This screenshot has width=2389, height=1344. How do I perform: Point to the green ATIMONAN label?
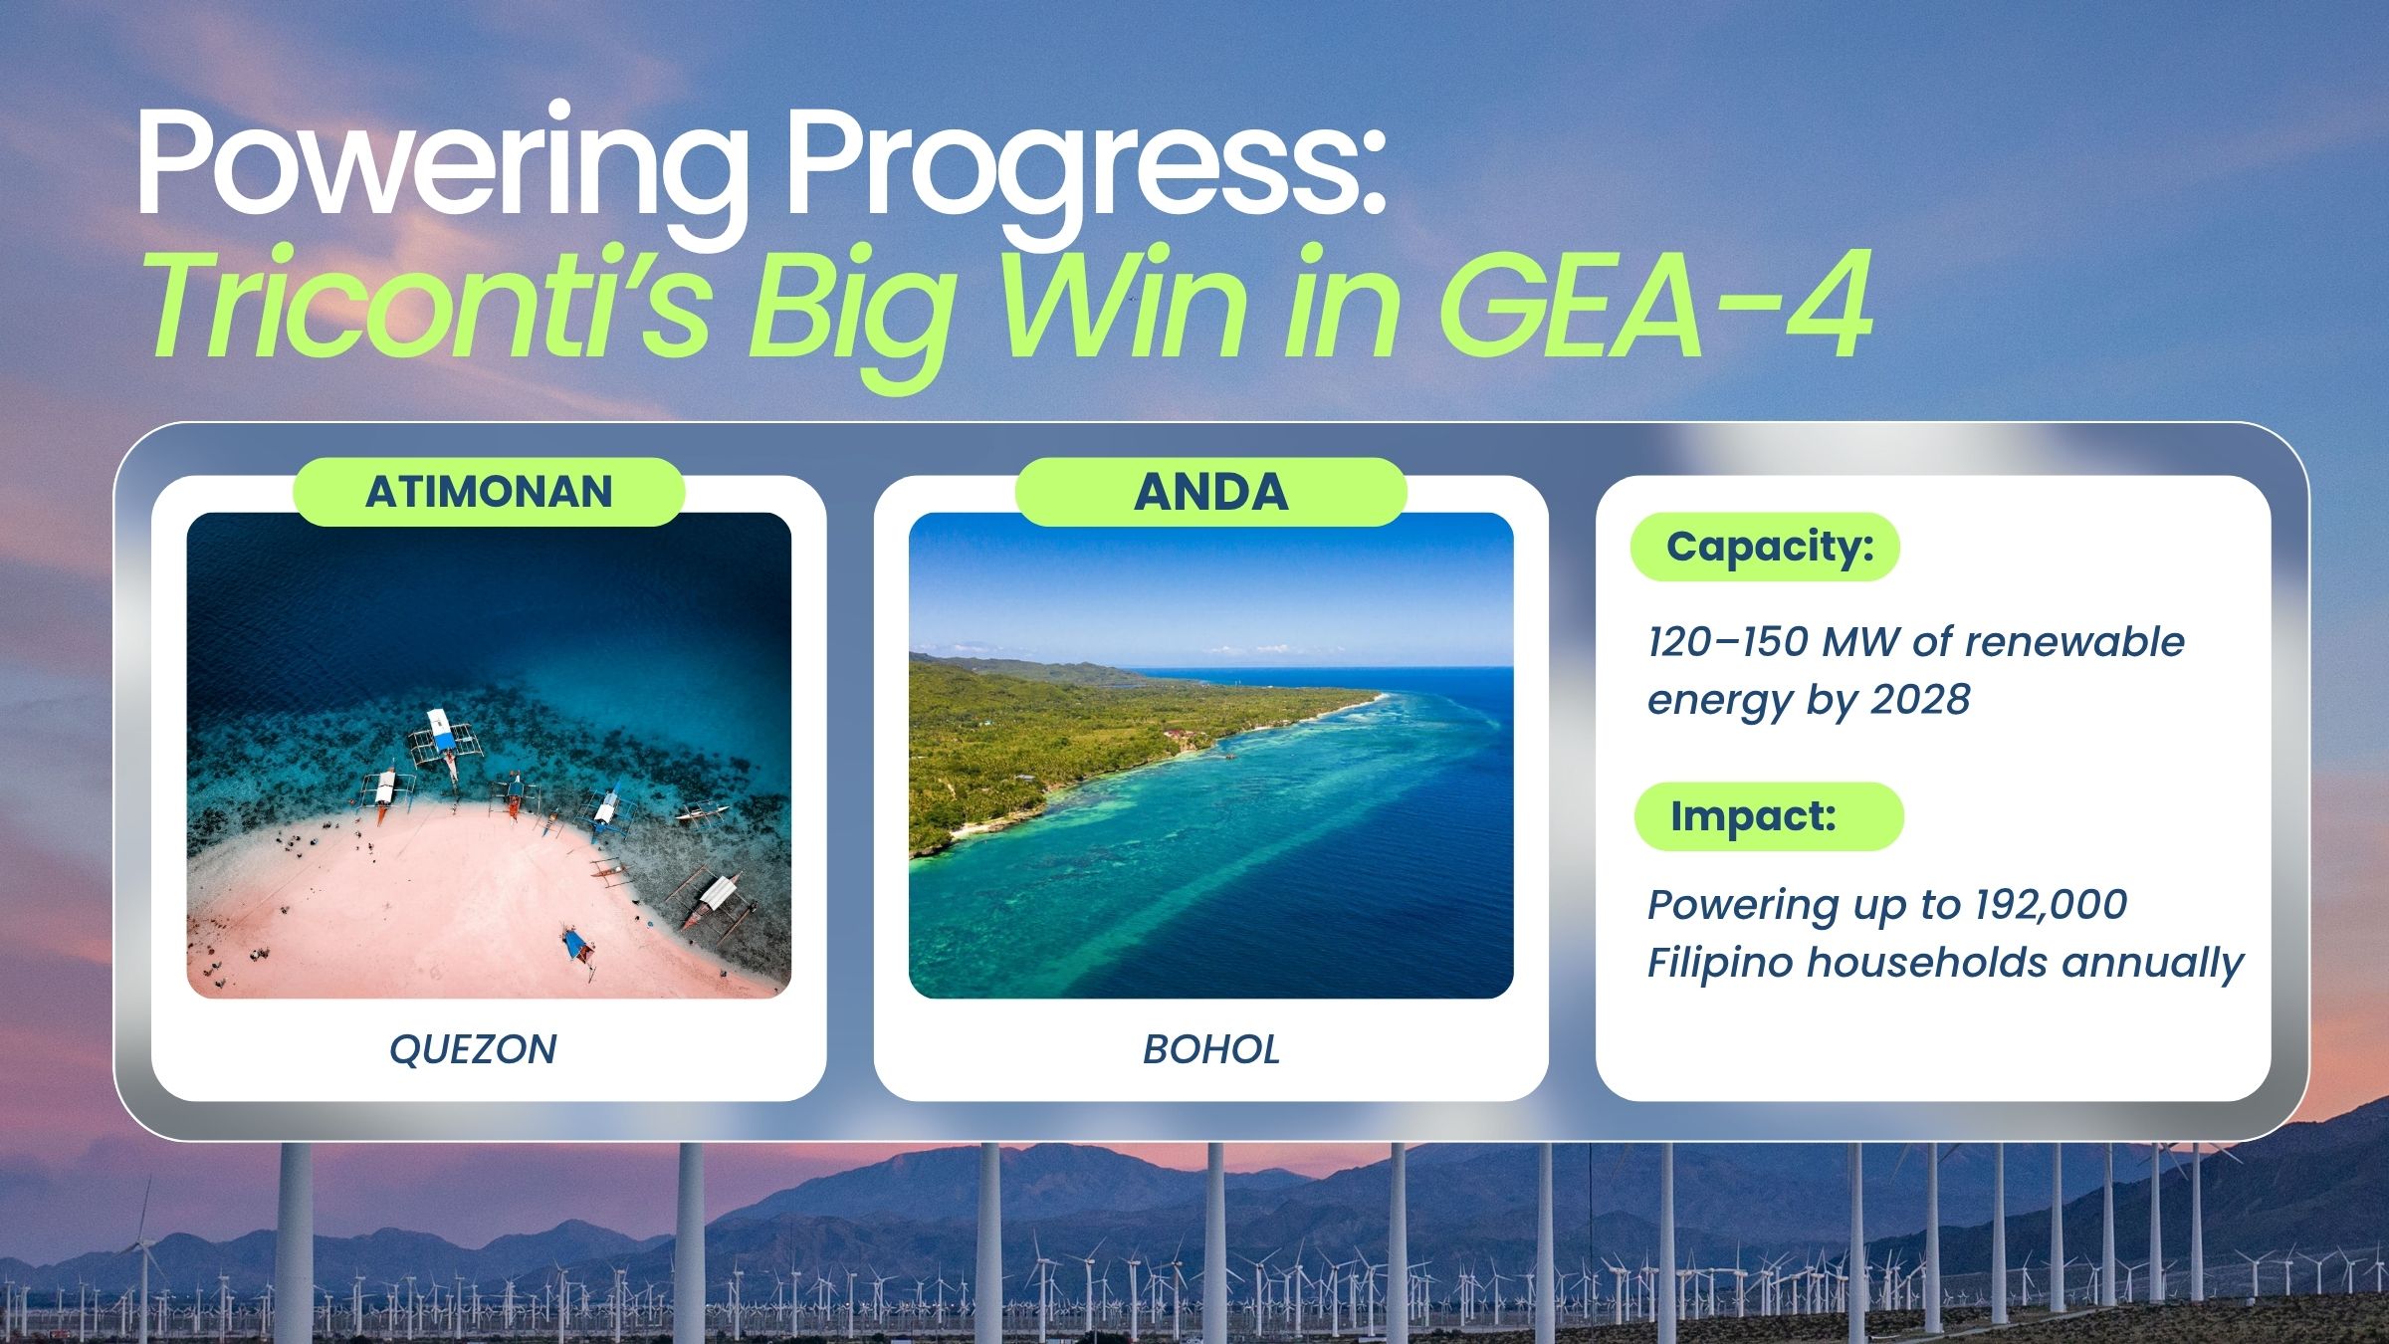click(x=489, y=492)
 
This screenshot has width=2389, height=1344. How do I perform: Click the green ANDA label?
click(x=1210, y=492)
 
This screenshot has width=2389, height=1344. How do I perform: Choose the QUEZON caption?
click(x=473, y=1049)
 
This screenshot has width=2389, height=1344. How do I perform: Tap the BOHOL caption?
click(x=1211, y=1049)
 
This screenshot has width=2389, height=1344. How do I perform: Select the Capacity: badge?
click(x=1765, y=547)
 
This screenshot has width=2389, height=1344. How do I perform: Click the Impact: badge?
click(x=1769, y=816)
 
